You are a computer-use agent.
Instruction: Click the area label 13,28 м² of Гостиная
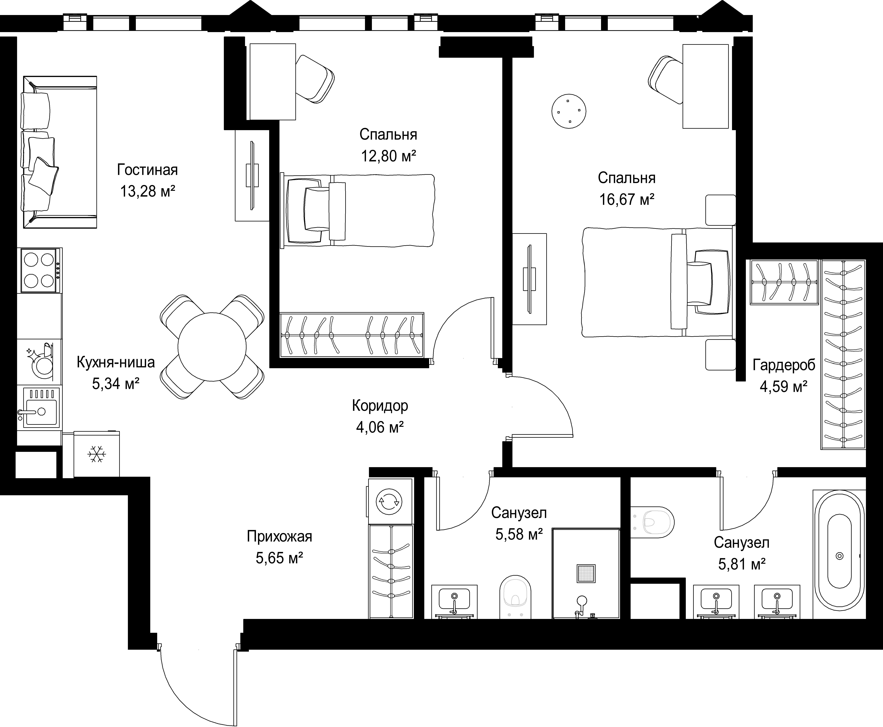[x=147, y=191]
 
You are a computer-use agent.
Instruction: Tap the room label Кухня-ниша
[x=116, y=362]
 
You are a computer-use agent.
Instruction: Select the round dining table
[x=212, y=347]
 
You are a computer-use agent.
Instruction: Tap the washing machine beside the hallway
[x=390, y=501]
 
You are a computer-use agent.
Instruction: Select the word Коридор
[x=380, y=405]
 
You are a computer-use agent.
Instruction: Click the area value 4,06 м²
[x=380, y=427]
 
